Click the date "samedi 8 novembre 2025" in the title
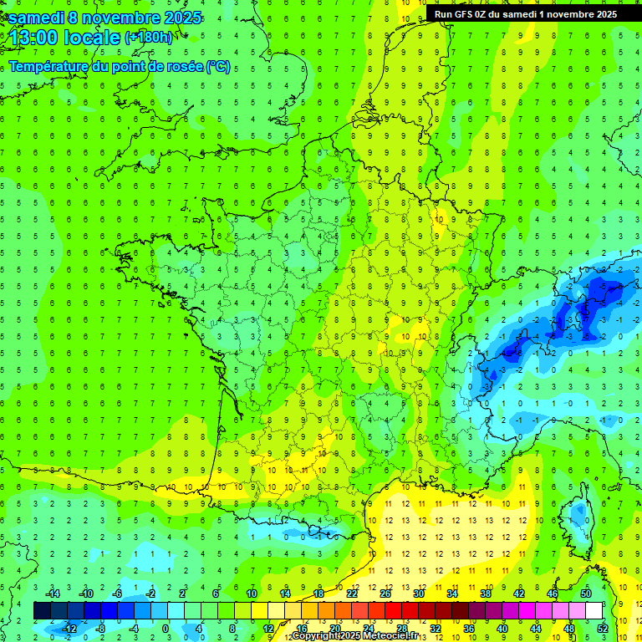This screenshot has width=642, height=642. point(104,18)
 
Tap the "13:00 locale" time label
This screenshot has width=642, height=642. point(65,37)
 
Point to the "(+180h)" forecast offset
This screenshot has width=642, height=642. point(149,38)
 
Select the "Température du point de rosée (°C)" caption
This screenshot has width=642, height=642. point(120,67)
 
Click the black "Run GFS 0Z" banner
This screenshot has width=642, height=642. point(526,14)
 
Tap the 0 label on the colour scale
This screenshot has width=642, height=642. point(165,629)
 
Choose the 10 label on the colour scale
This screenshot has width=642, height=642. point(252,594)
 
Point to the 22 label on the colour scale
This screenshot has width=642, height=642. point(352,594)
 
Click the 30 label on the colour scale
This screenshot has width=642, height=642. point(419,594)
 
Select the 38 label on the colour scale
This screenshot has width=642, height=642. point(486,594)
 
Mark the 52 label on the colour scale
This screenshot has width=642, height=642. point(602,629)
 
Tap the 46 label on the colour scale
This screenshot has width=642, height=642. point(553,594)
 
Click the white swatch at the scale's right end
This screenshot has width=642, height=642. point(594,611)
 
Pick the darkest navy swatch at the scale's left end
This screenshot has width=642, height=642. point(42,611)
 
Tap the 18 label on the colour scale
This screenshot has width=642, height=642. point(318,594)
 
